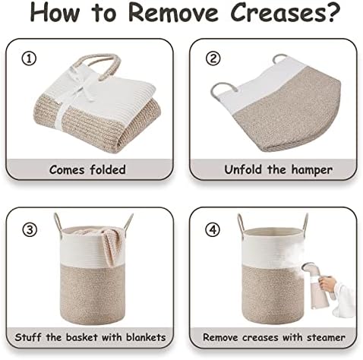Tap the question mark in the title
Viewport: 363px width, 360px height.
pyautogui.click(x=331, y=12)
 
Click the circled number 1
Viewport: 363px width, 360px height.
pyautogui.click(x=29, y=59)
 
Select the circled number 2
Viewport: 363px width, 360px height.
pyautogui.click(x=213, y=58)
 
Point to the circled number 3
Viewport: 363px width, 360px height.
pyautogui.click(x=30, y=230)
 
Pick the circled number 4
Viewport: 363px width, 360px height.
pyautogui.click(x=213, y=230)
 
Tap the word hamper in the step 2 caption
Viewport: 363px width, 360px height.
pyautogui.click(x=311, y=170)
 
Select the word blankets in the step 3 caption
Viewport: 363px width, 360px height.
pyautogui.click(x=146, y=337)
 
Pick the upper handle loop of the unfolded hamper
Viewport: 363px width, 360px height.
pyautogui.click(x=279, y=58)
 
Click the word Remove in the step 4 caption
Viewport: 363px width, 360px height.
pyautogui.click(x=220, y=337)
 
